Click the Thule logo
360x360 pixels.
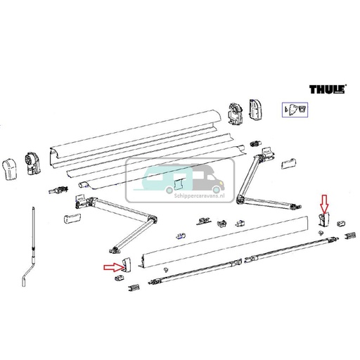(328, 89)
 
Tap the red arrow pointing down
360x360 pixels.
(323, 205)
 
